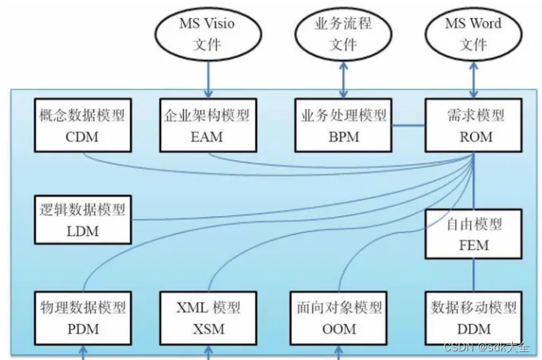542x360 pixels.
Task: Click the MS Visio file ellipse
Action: [x=208, y=34]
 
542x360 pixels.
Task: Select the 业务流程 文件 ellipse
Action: [x=343, y=34]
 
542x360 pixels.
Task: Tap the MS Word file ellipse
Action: [x=473, y=34]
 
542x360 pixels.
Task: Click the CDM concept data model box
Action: [x=83, y=126]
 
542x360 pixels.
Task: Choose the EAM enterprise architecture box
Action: [x=208, y=126]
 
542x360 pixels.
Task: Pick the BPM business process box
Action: [x=343, y=126]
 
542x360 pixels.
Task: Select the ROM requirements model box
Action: [x=473, y=126]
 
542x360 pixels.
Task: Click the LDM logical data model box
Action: [x=83, y=219]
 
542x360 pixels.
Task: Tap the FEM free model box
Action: [x=473, y=234]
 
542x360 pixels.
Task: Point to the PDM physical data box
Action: [x=83, y=318]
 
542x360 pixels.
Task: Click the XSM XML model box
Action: [x=208, y=318]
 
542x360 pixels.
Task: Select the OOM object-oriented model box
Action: [x=338, y=318]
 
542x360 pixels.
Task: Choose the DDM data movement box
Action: [x=473, y=318]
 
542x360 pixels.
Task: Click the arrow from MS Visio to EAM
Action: [x=208, y=80]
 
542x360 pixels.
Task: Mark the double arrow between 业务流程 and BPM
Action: [x=343, y=80]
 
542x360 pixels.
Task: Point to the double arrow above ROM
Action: [x=473, y=80]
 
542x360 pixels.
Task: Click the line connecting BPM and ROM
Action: [x=409, y=126]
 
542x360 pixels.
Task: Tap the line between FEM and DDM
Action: [x=473, y=276]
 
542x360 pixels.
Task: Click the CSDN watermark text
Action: [x=486, y=347]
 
